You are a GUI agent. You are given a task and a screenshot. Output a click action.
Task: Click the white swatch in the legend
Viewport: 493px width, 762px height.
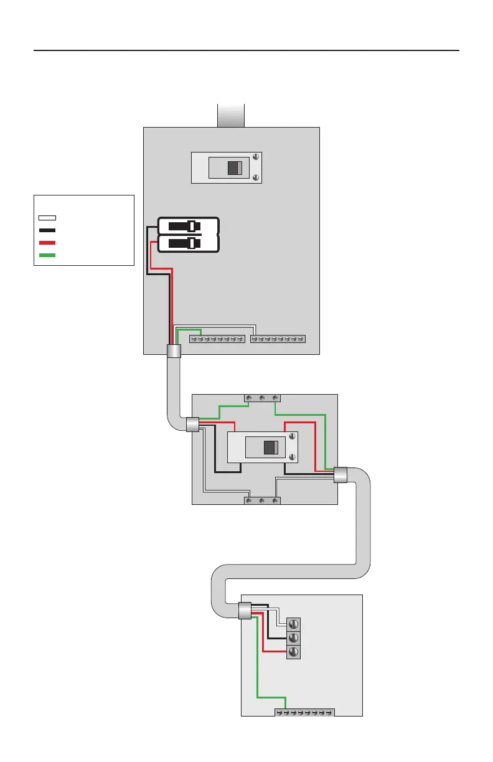47,218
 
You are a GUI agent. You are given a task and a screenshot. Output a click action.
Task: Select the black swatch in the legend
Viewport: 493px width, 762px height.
47,230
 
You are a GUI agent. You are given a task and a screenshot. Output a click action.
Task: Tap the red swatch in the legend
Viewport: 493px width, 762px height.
47,243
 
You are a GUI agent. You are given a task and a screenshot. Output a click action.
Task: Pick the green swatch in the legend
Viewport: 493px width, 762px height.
47,255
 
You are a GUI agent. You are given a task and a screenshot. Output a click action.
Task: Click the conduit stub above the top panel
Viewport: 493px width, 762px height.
230,116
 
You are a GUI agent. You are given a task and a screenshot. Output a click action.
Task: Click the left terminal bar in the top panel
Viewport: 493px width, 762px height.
216,339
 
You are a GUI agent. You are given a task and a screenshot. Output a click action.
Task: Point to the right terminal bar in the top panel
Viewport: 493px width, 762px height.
278,339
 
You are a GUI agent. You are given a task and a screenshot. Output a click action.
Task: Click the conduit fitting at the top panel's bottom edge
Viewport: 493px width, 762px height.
174,350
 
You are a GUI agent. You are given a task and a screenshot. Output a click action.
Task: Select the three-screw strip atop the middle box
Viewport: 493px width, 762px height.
261,397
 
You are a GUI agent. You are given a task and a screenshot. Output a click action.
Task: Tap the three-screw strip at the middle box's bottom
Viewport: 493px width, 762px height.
261,501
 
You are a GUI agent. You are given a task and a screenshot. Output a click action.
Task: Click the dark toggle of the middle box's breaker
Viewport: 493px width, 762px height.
270,448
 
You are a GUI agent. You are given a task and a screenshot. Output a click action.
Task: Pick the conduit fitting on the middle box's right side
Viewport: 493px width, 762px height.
340,475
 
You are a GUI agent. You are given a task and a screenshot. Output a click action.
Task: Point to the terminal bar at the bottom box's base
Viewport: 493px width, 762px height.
305,712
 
